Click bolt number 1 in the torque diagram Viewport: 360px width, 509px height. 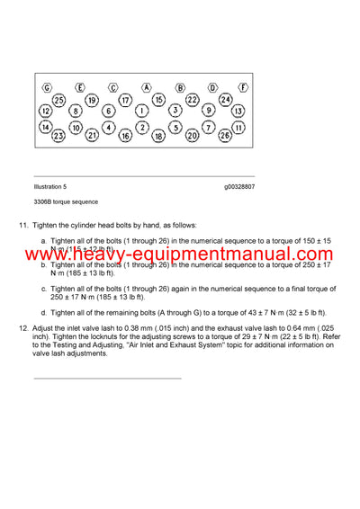point(142,111)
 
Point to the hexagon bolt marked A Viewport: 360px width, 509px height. point(146,87)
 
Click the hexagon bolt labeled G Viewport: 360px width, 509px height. point(47,87)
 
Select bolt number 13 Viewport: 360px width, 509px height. point(238,111)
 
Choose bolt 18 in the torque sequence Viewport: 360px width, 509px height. point(158,136)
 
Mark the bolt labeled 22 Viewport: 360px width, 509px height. point(193,99)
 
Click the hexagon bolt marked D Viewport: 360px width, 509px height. point(213,87)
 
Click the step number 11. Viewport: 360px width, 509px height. point(23,225)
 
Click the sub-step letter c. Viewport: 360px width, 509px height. point(44,289)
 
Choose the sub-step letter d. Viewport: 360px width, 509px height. point(44,312)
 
